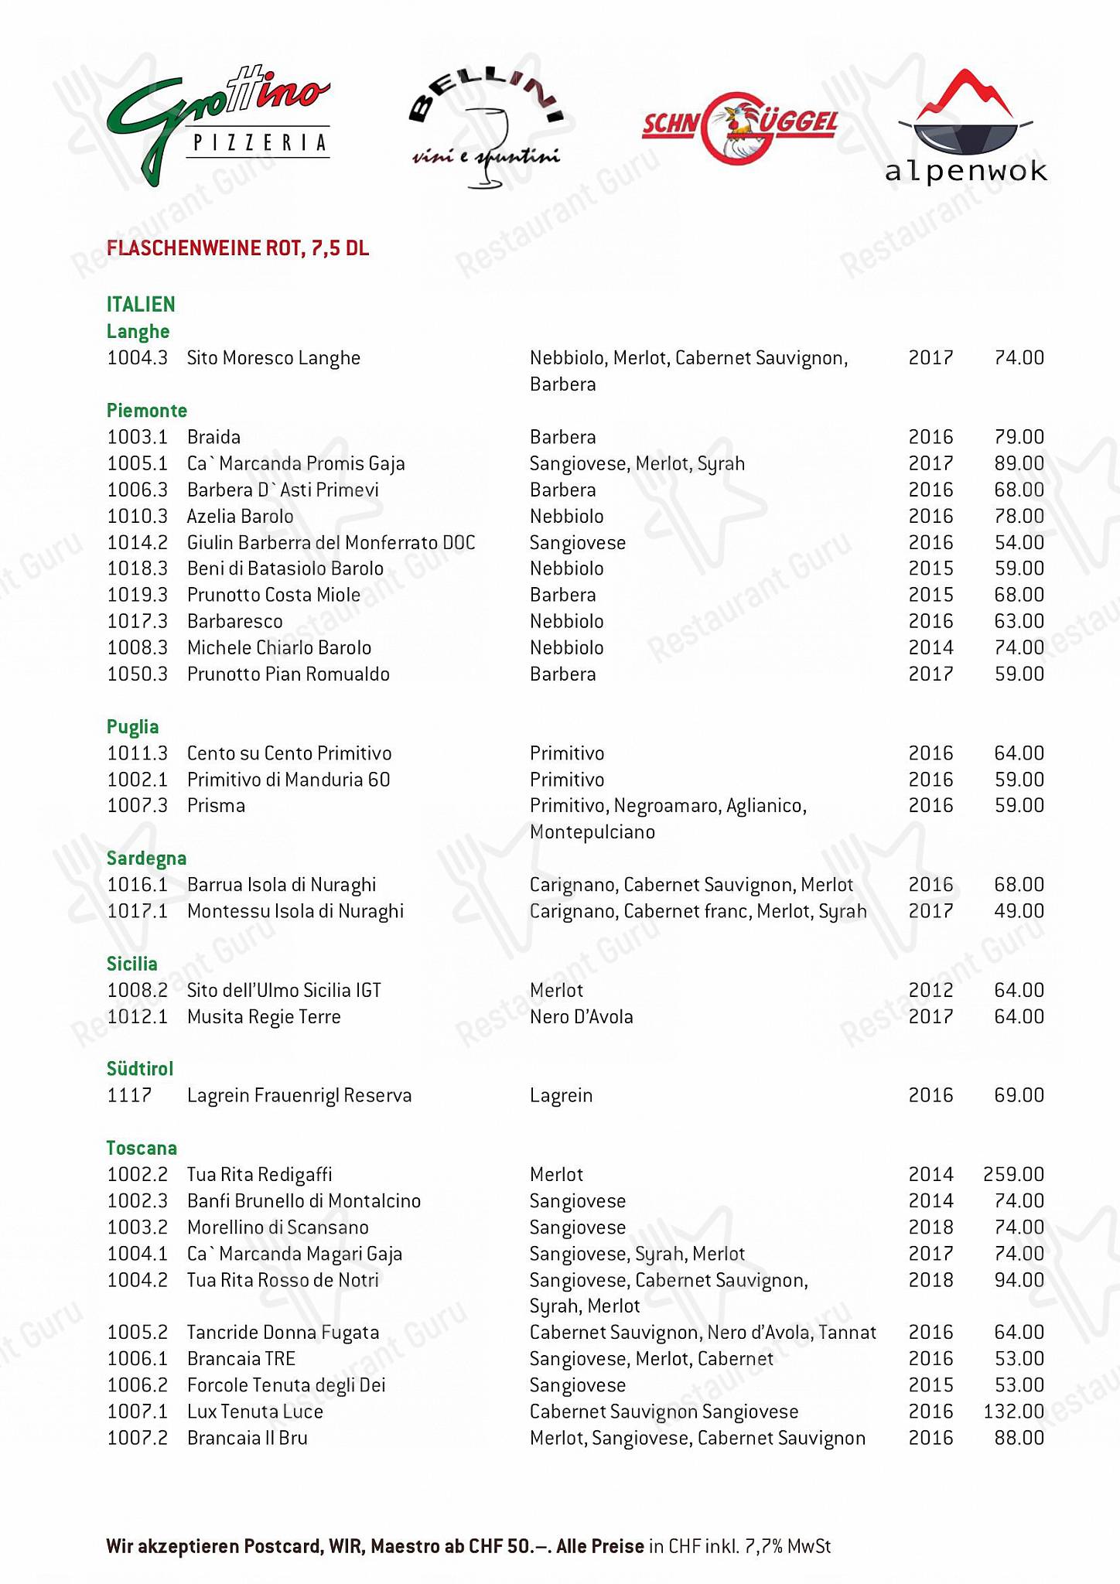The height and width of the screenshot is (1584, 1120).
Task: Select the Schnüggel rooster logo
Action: [739, 128]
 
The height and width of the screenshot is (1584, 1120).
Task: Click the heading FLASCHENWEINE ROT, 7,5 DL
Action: [237, 248]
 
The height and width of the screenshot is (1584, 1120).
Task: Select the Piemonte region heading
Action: [147, 411]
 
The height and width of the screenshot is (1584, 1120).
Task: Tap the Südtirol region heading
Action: [140, 1069]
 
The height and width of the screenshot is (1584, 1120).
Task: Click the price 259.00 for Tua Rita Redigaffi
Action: [1013, 1174]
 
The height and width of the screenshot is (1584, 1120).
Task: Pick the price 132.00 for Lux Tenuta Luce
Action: [1013, 1412]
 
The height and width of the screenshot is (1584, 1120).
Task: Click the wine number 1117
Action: [129, 1095]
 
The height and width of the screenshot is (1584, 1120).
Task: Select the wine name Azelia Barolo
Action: [241, 516]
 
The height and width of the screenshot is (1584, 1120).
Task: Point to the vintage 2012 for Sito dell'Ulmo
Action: [930, 990]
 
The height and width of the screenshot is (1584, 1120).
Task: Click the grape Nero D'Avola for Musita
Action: [581, 1016]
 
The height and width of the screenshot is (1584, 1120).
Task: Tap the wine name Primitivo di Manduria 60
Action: [289, 780]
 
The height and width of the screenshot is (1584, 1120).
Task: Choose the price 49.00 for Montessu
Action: [1019, 911]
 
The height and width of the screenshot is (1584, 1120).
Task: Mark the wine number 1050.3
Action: [137, 674]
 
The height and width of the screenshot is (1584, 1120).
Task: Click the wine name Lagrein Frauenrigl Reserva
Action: [299, 1095]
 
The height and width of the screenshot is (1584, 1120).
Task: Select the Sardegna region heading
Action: [146, 859]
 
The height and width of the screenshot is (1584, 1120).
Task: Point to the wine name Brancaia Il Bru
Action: [248, 1438]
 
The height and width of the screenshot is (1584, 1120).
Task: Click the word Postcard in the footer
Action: [281, 1546]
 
